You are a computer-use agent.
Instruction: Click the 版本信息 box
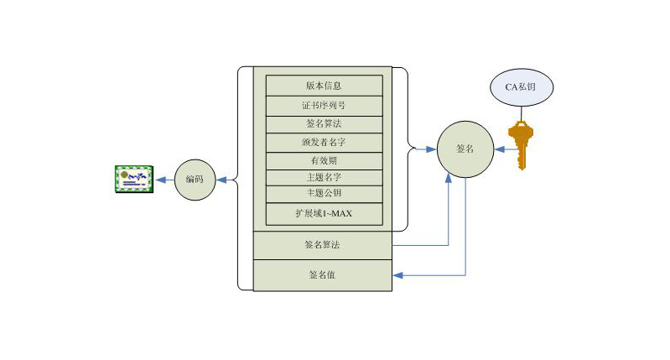[x=324, y=86]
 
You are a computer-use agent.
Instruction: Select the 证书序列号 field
[x=324, y=106]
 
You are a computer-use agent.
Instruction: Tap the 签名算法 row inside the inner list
[x=324, y=124]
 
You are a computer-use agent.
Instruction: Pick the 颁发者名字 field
[x=324, y=143]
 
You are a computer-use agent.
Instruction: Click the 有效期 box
[x=324, y=160]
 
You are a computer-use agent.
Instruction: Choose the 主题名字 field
[x=324, y=177]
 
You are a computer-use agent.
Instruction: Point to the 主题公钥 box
[x=324, y=193]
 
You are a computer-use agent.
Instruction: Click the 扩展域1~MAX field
[x=324, y=214]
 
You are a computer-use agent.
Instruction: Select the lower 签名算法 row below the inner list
[x=323, y=245]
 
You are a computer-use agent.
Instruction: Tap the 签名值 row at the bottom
[x=323, y=274]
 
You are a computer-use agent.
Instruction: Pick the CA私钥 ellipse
[x=521, y=88]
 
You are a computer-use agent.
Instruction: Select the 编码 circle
[x=195, y=180]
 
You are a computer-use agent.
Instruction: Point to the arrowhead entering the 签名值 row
[x=397, y=274]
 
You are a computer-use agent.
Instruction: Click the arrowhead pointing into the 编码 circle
[x=220, y=180]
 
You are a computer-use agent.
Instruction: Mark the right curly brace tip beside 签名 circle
[x=417, y=149]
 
